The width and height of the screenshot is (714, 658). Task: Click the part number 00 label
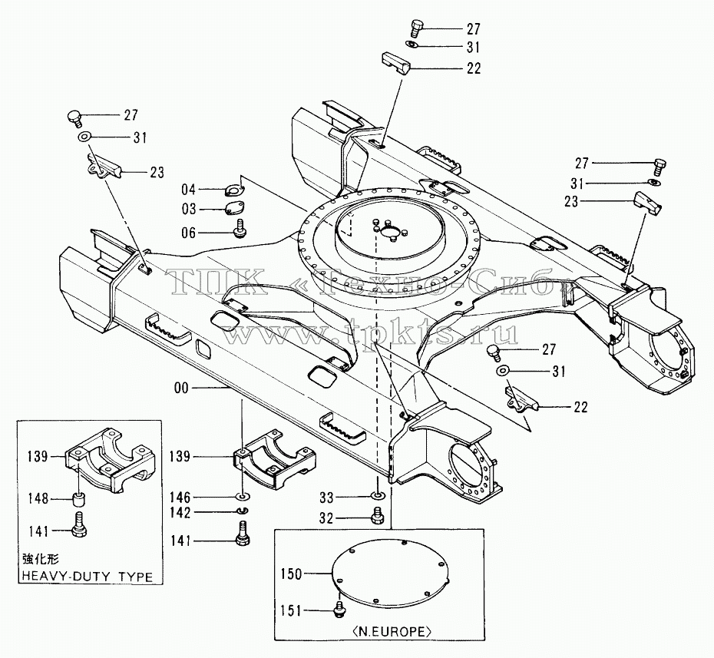pyautogui.click(x=181, y=388)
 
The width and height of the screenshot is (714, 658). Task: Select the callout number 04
pyautogui.click(x=189, y=190)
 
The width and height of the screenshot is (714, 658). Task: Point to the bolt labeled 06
pyautogui.click(x=238, y=228)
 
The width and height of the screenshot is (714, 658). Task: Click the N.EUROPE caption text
pyautogui.click(x=391, y=632)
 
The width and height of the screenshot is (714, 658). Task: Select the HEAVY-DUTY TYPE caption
pyautogui.click(x=88, y=577)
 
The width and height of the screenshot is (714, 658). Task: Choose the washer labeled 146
pyautogui.click(x=243, y=495)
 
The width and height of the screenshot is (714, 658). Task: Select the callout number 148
pyautogui.click(x=38, y=499)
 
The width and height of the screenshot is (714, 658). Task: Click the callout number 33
pyautogui.click(x=326, y=498)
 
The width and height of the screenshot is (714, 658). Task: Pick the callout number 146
pyautogui.click(x=180, y=498)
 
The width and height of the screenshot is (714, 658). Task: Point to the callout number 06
pyautogui.click(x=189, y=233)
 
